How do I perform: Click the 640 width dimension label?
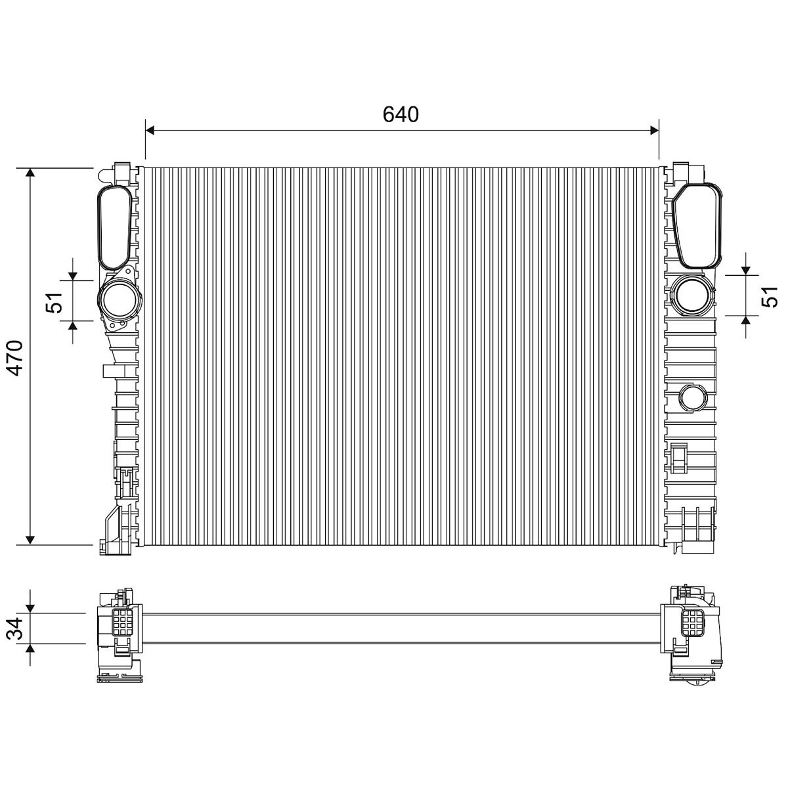[401, 114]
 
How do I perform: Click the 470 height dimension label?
[17, 357]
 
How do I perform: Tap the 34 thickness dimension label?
[15, 628]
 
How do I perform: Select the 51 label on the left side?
[55, 302]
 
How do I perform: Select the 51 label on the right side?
[769, 296]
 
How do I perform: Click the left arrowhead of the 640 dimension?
[150, 131]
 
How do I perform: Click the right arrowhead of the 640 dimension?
[654, 131]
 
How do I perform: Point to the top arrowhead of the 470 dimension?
[30, 173]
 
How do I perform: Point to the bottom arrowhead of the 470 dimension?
[30, 540]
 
